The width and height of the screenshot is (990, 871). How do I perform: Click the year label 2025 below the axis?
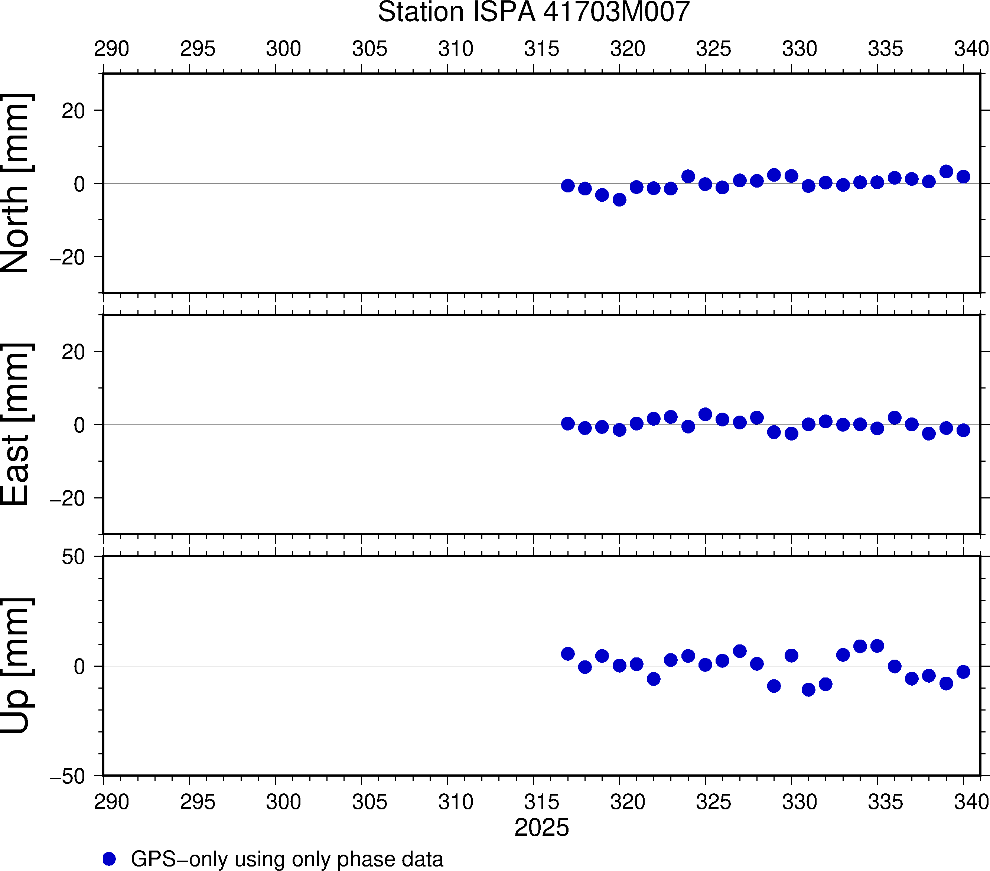point(541,828)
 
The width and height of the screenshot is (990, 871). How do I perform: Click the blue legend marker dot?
point(110,859)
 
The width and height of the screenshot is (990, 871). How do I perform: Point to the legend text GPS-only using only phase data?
point(287,859)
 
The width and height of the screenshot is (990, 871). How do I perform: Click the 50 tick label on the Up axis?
point(73,557)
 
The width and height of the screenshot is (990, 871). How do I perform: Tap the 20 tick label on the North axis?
point(73,111)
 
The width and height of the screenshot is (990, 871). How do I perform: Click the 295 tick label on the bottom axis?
point(198,802)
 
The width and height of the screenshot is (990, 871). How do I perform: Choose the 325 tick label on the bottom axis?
point(713,802)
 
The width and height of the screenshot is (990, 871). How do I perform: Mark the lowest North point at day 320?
point(619,199)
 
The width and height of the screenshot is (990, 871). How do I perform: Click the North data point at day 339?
point(946,172)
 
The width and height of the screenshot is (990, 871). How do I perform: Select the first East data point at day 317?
point(568,423)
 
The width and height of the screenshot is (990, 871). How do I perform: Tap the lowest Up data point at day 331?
point(808,689)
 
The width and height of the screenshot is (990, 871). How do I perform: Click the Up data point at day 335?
point(877,646)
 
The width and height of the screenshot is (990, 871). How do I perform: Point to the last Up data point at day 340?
point(963,672)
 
